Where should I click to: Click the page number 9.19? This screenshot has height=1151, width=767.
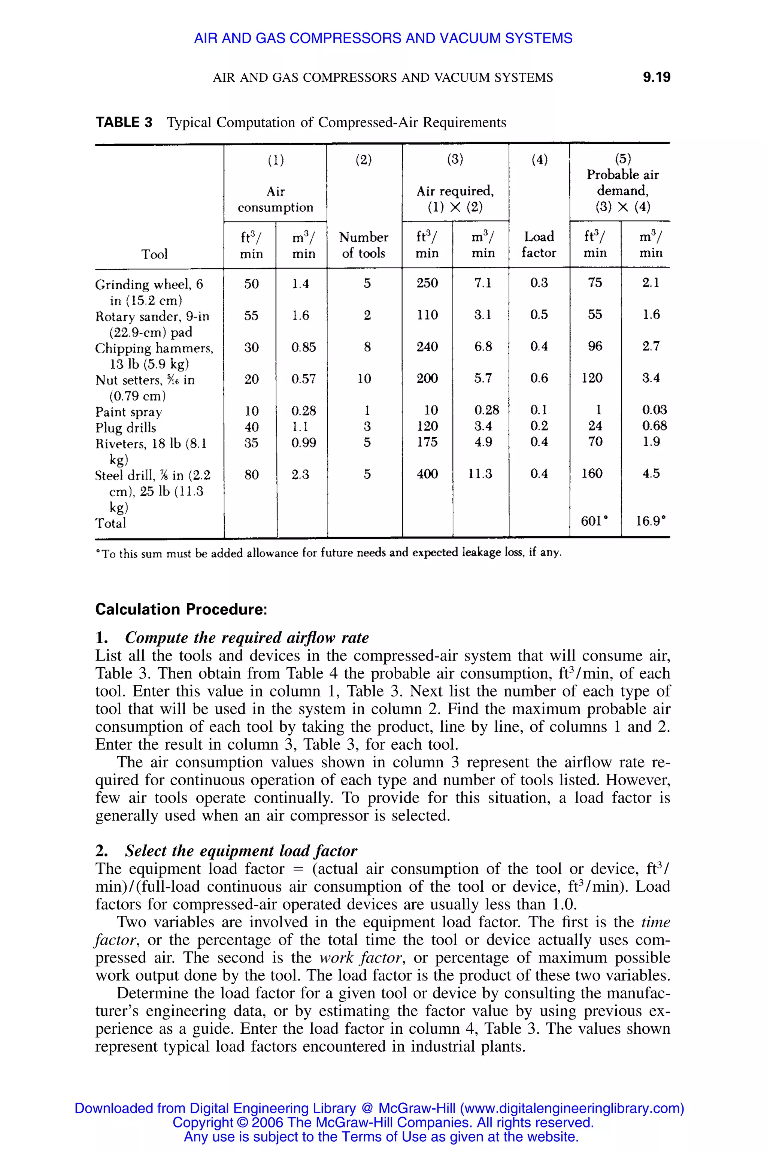[656, 77]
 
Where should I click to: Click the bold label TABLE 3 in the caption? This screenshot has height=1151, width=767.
[124, 123]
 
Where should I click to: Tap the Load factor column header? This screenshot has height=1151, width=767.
[539, 244]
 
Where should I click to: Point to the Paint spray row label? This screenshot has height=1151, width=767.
[128, 411]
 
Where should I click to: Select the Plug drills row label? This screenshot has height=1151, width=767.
[126, 428]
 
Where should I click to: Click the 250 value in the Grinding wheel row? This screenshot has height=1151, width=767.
[427, 283]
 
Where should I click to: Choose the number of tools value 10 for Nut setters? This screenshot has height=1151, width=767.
[364, 378]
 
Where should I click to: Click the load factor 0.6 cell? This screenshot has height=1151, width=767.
[539, 378]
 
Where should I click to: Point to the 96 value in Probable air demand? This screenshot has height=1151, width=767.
[595, 346]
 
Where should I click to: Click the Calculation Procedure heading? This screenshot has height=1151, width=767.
[181, 609]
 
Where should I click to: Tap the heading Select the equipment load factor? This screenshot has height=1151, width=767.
[241, 851]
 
